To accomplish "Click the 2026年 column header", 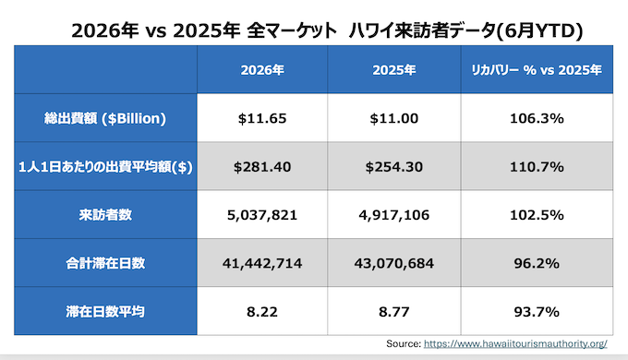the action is point(262,70).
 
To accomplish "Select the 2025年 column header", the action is point(394,70).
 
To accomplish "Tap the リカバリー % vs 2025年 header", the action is point(537,70).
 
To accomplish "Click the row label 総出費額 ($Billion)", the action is point(105,118).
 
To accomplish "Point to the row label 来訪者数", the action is point(105,215).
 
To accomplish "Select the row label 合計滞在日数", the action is point(105,263).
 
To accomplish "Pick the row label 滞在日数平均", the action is point(105,312).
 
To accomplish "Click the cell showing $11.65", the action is point(262,118).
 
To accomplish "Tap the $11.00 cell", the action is point(394,118).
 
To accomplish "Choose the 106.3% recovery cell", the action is point(537,118).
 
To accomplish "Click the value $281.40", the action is point(262,166).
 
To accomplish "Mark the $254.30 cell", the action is point(394,166).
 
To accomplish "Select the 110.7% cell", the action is point(537,166).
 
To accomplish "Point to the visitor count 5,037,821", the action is point(262,215).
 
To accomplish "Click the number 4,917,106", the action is point(394,215).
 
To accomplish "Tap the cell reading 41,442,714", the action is point(262,263).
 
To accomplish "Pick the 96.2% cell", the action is point(537,263).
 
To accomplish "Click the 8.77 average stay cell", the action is point(394,312).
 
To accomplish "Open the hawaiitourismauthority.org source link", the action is point(515,343).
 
